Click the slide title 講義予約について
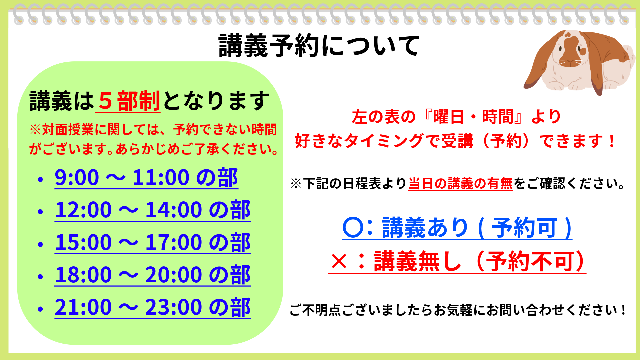(x=319, y=46)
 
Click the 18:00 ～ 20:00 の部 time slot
(x=153, y=275)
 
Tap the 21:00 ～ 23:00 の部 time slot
(x=153, y=307)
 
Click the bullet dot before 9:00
(x=41, y=180)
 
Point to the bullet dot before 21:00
(x=41, y=309)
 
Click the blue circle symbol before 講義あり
(x=353, y=228)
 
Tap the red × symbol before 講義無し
(x=339, y=261)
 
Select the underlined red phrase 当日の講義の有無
(x=461, y=184)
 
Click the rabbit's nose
(x=571, y=61)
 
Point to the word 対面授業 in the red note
(x=68, y=129)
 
